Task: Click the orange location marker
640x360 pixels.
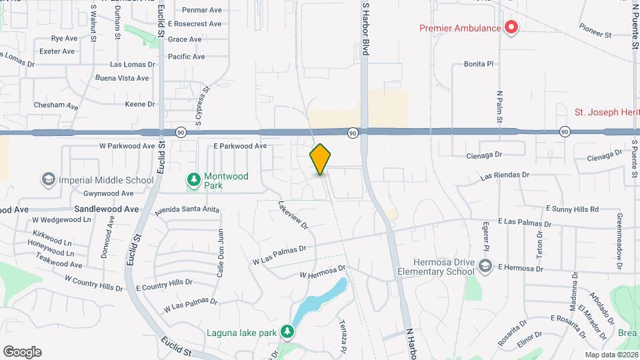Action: [x=320, y=159]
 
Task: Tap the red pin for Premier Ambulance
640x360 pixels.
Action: [x=511, y=28]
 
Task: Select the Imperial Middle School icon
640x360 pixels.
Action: [x=48, y=179]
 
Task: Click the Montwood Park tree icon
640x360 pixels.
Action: [x=193, y=179]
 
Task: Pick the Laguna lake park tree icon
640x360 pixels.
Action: [x=287, y=331]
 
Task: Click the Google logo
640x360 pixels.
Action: [x=22, y=351]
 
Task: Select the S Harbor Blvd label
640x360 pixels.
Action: [x=365, y=28]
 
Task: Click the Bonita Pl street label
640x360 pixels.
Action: [x=479, y=65]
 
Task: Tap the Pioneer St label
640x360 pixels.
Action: [x=595, y=33]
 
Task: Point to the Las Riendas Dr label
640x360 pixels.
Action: [x=505, y=176]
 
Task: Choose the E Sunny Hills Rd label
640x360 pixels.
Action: [x=572, y=209]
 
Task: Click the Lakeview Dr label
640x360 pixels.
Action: [x=293, y=215]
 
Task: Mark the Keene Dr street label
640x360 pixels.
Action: [x=140, y=105]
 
